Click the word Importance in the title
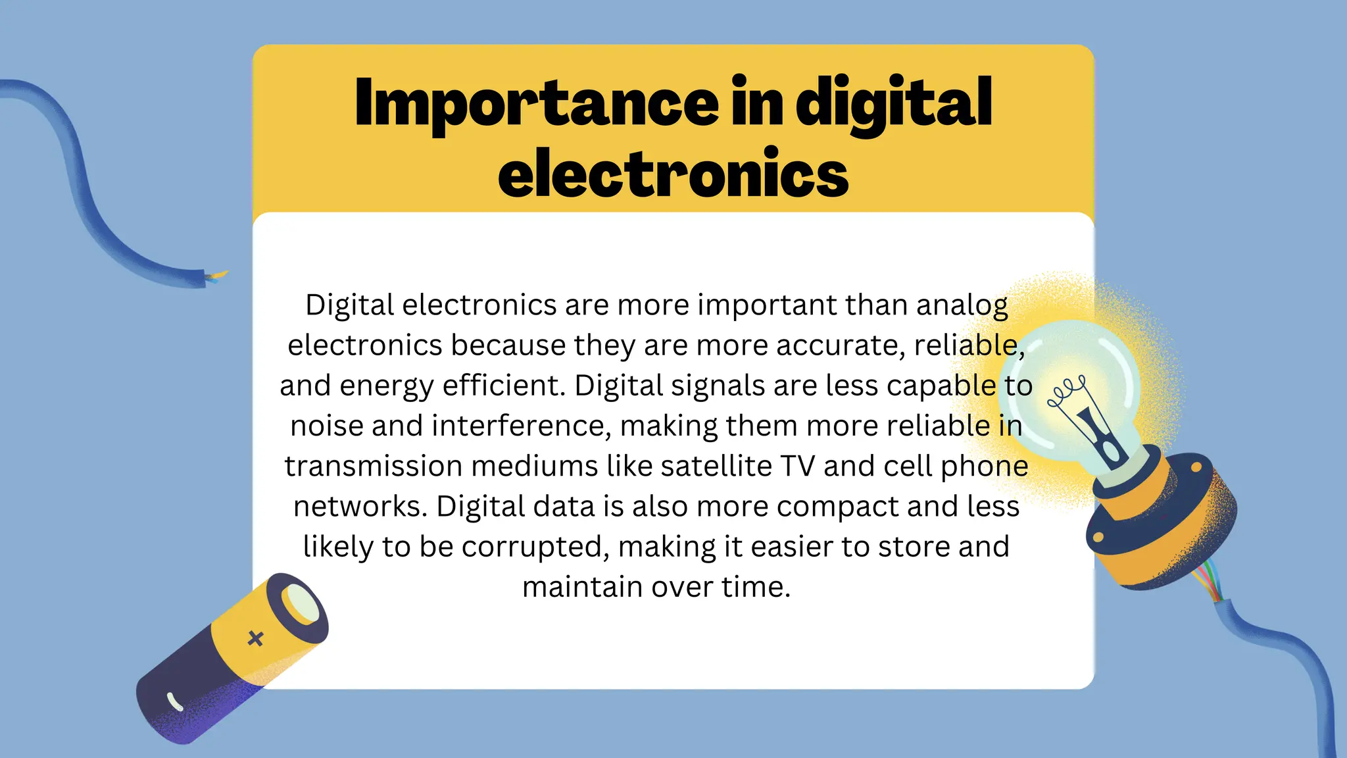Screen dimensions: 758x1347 (x=536, y=104)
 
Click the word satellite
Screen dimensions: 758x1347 (x=716, y=467)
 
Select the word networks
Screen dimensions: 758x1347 (x=360, y=507)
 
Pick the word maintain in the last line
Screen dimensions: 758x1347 (x=582, y=587)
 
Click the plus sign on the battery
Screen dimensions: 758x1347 (x=256, y=638)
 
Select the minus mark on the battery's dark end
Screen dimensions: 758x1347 (x=176, y=702)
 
